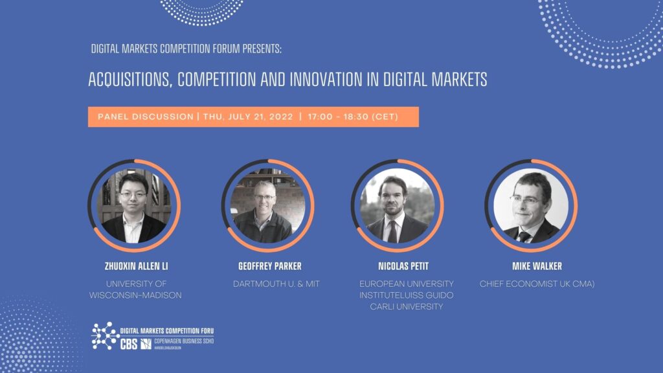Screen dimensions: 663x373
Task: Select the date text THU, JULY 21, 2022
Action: (x=248, y=117)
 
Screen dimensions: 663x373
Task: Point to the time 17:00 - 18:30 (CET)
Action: (x=353, y=117)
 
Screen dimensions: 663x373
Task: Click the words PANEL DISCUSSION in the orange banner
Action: (x=146, y=117)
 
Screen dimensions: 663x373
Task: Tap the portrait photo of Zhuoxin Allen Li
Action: (x=134, y=205)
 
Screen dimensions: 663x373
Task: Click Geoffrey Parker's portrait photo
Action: (x=267, y=205)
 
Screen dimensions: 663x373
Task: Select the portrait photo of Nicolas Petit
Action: (x=397, y=205)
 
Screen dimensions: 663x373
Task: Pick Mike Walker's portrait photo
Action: (x=531, y=205)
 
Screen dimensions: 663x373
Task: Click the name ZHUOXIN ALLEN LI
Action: (x=136, y=266)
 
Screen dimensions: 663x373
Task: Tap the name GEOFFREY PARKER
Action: (x=270, y=266)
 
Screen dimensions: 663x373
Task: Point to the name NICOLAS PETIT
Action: (x=403, y=266)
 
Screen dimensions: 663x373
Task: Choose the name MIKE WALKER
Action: (x=537, y=266)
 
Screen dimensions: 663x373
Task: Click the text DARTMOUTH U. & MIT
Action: (x=276, y=284)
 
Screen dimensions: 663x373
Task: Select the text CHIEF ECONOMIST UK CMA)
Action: (x=537, y=284)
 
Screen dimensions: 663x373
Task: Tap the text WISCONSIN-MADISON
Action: (x=135, y=295)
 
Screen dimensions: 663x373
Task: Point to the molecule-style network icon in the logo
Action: (x=105, y=336)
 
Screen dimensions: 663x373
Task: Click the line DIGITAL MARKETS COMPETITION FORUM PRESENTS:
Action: (x=186, y=49)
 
